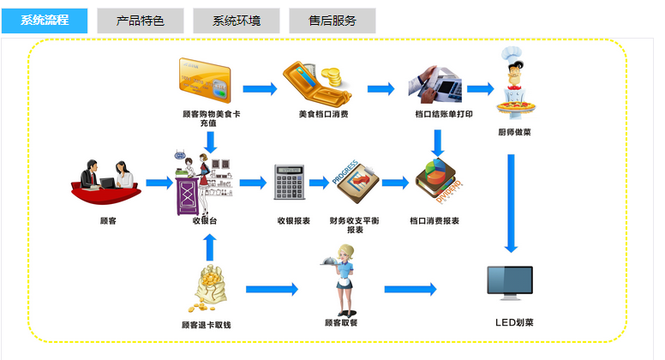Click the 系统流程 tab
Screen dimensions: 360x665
click(45, 21)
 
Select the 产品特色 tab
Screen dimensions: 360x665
click(140, 21)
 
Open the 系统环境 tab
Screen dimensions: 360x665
click(237, 21)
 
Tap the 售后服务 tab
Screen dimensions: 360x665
click(332, 21)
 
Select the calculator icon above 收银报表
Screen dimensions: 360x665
click(290, 181)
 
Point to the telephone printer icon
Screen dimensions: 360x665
click(434, 81)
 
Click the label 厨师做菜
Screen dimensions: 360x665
click(514, 132)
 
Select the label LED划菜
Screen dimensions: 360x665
click(514, 323)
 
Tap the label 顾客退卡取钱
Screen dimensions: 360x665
click(207, 325)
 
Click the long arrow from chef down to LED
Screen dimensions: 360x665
click(512, 202)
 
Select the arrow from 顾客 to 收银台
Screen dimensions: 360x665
click(159, 183)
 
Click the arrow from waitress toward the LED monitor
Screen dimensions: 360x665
click(410, 290)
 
